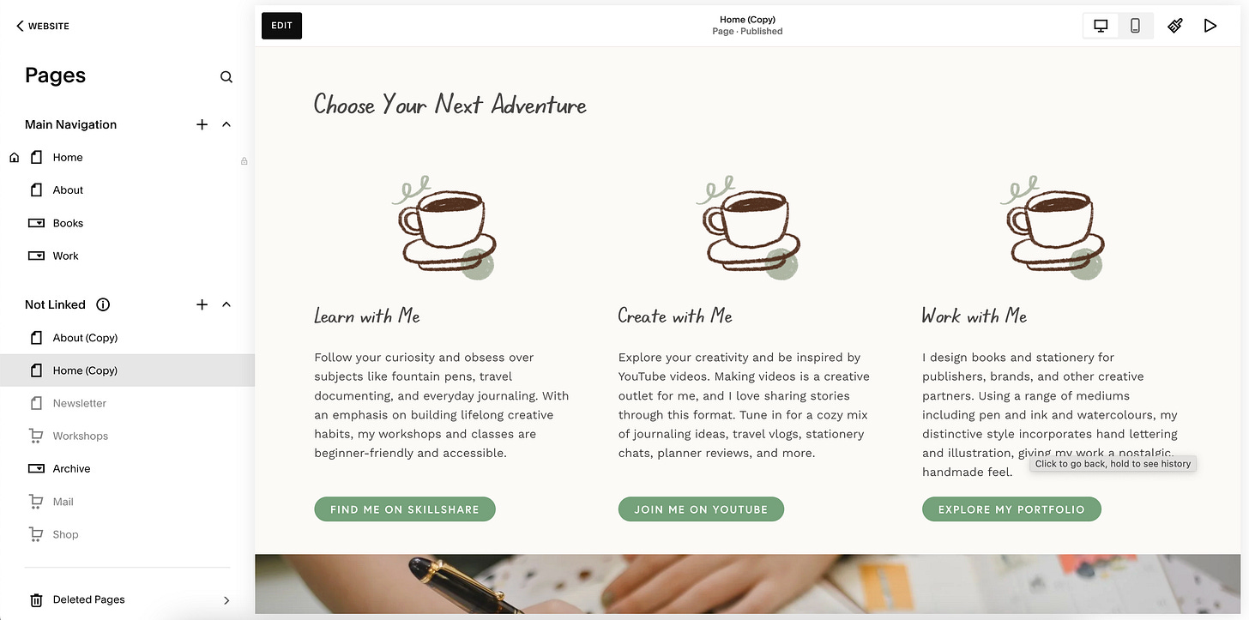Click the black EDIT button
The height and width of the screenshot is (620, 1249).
coord(281,26)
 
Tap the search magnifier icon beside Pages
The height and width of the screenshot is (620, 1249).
coord(226,77)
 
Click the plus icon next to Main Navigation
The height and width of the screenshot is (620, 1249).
coord(202,124)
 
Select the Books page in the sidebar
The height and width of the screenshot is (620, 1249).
coord(68,223)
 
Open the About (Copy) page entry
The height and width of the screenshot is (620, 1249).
coord(85,338)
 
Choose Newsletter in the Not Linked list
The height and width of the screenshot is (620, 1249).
coord(79,403)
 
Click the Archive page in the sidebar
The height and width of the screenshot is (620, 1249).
coord(71,468)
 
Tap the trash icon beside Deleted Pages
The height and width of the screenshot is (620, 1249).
coord(36,600)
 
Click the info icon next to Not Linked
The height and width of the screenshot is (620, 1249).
coord(103,304)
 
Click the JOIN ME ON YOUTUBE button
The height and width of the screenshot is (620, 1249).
coord(701,509)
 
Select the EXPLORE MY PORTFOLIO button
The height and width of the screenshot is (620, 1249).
coord(1011,509)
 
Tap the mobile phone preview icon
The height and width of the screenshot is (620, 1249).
coord(1135,26)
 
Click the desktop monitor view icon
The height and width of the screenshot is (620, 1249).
coord(1101,26)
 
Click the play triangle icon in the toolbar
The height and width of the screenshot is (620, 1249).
coord(1210,26)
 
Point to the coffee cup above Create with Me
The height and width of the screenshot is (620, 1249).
coord(748,227)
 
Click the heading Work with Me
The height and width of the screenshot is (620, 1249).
coord(974,316)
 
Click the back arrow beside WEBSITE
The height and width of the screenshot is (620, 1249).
coord(20,26)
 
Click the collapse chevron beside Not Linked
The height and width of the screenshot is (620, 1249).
coord(226,304)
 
